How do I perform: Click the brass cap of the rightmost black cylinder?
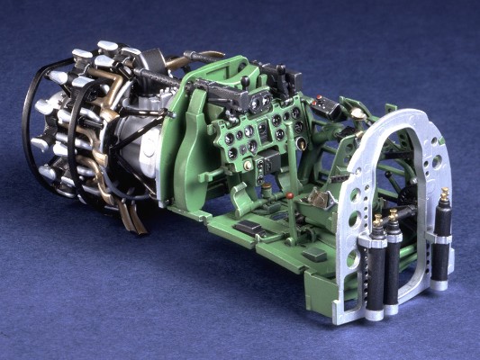pyautogui.click(x=444, y=195)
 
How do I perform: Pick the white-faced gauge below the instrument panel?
pyautogui.click(x=299, y=143)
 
